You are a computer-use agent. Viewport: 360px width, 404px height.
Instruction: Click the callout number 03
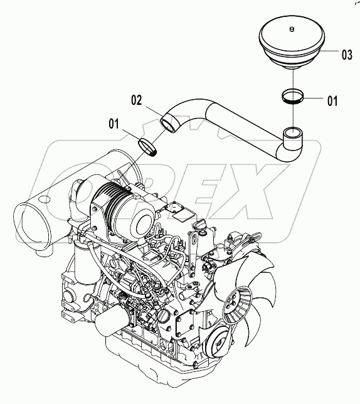click(x=346, y=55)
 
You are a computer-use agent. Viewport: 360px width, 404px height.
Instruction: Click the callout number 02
click(x=137, y=98)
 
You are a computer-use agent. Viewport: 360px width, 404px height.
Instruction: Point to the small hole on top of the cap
click(x=292, y=29)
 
